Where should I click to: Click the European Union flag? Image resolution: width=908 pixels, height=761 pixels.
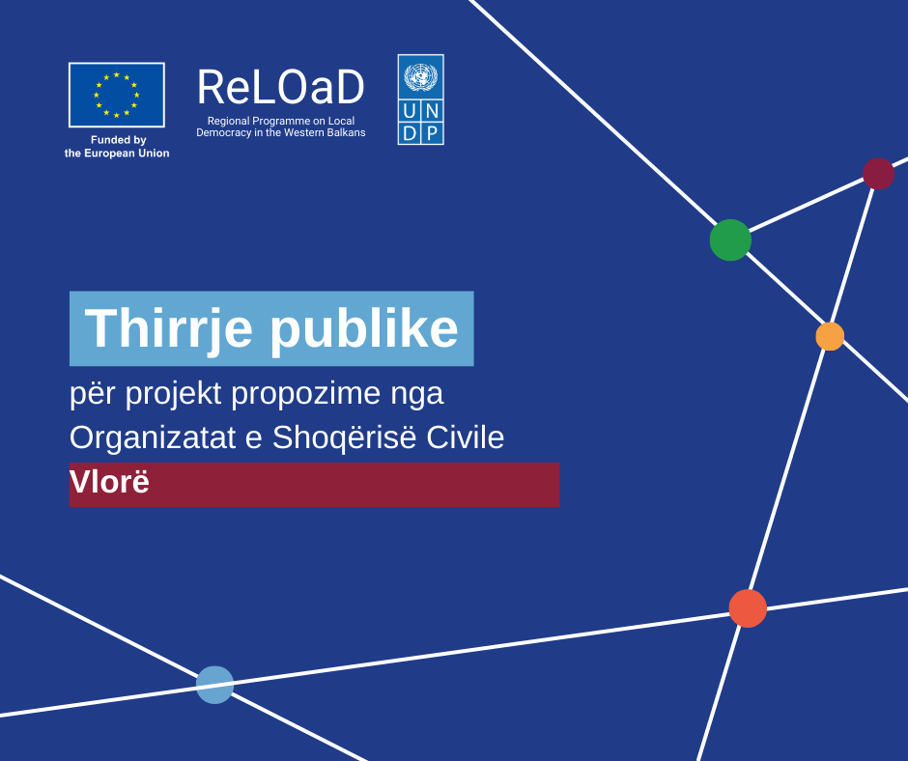[116, 95]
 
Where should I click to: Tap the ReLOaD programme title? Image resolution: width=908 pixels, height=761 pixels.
[281, 88]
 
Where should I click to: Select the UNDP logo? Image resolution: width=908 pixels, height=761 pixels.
[421, 99]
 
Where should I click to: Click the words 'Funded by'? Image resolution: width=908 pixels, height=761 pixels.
[119, 140]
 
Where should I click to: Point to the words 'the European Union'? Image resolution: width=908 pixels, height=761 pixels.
[117, 154]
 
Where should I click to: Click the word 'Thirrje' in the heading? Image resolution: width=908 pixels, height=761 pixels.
[168, 329]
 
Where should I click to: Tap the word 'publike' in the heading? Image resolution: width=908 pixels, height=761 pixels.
[364, 329]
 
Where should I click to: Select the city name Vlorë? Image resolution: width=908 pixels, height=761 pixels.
[109, 482]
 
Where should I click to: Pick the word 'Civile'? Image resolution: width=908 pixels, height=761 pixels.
[465, 437]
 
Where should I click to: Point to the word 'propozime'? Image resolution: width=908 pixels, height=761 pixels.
[306, 394]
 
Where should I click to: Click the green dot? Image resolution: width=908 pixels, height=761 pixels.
[731, 240]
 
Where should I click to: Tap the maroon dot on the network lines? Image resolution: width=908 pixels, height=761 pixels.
[878, 174]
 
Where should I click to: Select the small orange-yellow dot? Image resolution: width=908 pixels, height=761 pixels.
[830, 336]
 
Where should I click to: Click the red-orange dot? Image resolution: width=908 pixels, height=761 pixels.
[748, 608]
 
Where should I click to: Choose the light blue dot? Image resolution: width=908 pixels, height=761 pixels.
[214, 685]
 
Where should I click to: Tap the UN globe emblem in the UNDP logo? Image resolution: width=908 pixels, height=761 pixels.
[421, 77]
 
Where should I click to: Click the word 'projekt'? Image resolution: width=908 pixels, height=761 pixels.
[173, 394]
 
